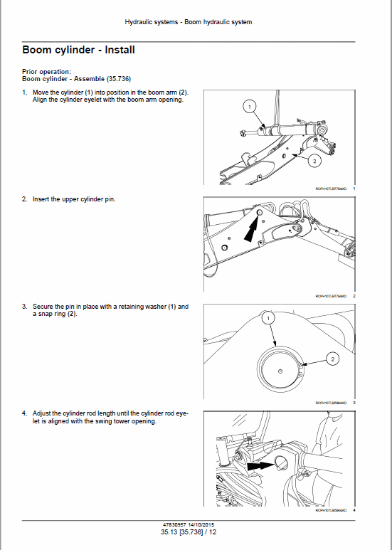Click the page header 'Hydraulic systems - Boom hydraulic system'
[188, 22]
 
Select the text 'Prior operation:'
[46, 71]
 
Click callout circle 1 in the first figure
[248, 107]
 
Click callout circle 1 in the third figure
[267, 320]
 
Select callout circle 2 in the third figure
[332, 359]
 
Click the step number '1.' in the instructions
[25, 93]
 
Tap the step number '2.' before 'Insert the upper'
[25, 199]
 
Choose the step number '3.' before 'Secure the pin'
[25, 307]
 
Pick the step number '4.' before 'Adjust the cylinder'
[25, 413]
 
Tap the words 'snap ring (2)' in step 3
[56, 314]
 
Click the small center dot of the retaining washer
[281, 371]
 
